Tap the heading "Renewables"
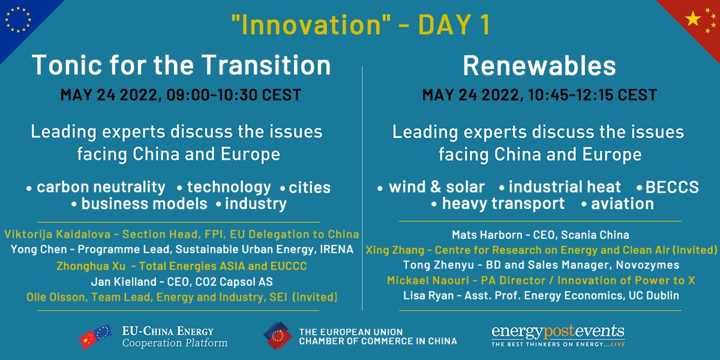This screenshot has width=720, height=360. pyautogui.click(x=539, y=66)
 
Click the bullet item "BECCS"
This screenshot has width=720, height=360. pyautogui.click(x=672, y=187)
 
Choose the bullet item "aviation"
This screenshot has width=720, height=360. pyautogui.click(x=622, y=204)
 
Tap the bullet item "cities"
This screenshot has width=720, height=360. pyautogui.click(x=310, y=188)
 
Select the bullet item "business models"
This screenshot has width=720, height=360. pyautogui.click(x=145, y=204)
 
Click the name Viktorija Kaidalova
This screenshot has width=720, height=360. pyautogui.click(x=57, y=235)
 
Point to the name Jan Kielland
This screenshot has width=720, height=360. pyautogui.click(x=124, y=282)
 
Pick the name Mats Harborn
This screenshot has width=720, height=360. pyautogui.click(x=487, y=235)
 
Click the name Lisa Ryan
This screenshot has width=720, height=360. pyautogui.click(x=428, y=296)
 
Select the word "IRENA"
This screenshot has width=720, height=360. pyautogui.click(x=336, y=250)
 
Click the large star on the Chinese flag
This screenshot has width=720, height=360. pyautogui.click(x=693, y=19)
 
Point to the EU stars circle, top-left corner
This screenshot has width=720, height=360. pyautogui.click(x=18, y=19)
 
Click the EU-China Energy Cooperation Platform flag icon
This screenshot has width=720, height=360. pyautogui.click(x=95, y=337)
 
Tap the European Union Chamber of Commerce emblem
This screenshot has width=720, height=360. pyautogui.click(x=278, y=336)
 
